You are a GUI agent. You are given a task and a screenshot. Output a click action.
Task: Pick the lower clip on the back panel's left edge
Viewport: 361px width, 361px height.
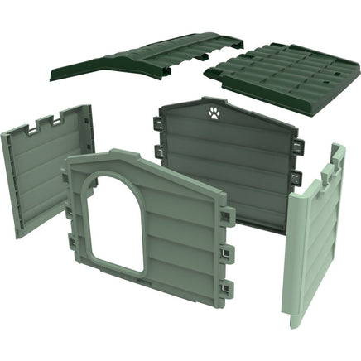(x=156, y=150)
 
